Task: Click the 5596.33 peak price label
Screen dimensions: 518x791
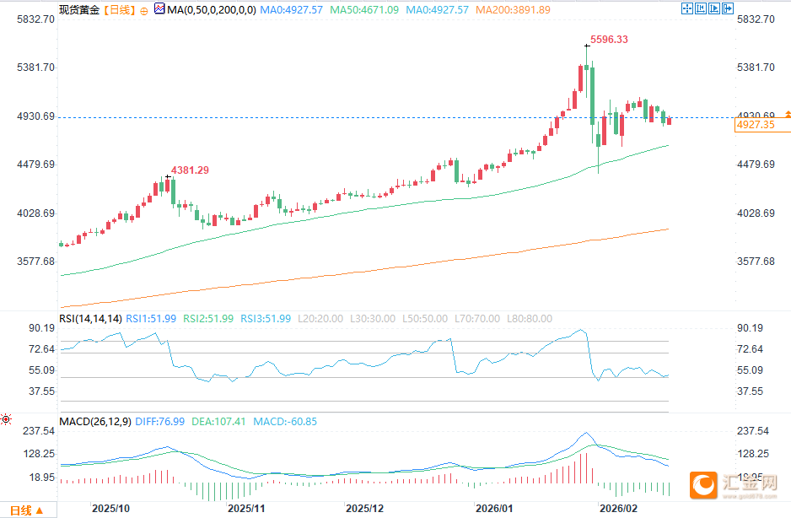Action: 609,40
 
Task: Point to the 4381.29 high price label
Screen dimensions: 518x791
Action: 190,170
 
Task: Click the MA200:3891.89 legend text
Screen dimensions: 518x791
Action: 513,10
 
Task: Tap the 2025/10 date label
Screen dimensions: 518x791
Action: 110,509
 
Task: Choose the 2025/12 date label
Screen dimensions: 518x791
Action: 365,509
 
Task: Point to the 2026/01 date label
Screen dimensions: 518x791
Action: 494,509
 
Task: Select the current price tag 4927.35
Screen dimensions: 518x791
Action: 755,125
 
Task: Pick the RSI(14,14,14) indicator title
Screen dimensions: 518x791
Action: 91,318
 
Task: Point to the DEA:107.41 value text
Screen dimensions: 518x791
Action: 227,421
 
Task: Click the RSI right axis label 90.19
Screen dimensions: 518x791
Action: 749,328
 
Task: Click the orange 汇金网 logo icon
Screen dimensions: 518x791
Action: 703,484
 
